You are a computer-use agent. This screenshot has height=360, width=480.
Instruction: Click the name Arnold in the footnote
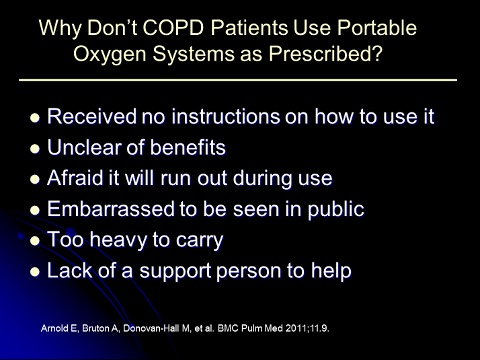(54, 330)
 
